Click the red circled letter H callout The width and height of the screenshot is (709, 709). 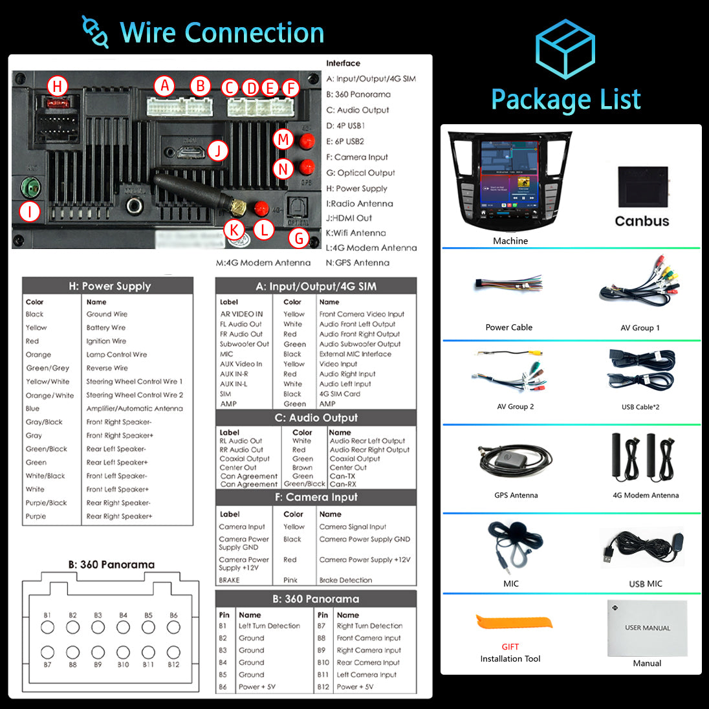[57, 86]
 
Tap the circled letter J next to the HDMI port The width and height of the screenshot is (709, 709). [218, 151]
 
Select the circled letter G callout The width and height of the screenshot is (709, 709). [299, 238]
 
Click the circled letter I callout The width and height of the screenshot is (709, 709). [29, 211]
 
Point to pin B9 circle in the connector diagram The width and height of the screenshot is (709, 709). [98, 653]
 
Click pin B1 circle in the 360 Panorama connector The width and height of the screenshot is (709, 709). [47, 627]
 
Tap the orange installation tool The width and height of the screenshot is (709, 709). [515, 623]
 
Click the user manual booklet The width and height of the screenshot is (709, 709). [648, 627]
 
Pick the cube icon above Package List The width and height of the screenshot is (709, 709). [565, 48]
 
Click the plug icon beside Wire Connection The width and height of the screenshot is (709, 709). [95, 32]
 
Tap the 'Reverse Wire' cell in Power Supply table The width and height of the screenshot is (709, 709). [107, 368]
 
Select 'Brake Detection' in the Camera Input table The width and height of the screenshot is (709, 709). [345, 580]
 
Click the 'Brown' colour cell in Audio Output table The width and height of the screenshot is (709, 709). [302, 468]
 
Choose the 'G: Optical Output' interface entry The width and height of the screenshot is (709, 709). [360, 173]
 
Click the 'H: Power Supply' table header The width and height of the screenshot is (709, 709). [109, 286]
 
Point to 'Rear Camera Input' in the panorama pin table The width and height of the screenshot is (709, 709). [368, 662]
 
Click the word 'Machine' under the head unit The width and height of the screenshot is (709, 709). [510, 241]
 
